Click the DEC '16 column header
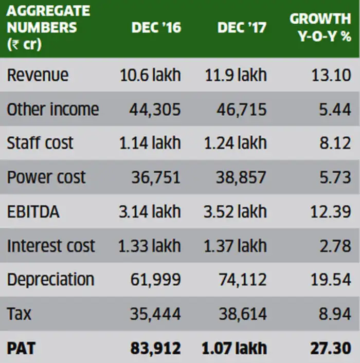[x=156, y=28]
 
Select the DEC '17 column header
[x=242, y=28]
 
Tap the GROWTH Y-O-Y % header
[x=320, y=27]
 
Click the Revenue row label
[x=38, y=75]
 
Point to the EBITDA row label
[x=33, y=211]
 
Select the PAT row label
[x=21, y=348]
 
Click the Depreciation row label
[x=50, y=280]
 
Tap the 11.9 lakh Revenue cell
[x=235, y=75]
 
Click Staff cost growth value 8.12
[x=334, y=143]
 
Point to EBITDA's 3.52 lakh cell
[x=235, y=211]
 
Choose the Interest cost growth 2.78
[x=334, y=246]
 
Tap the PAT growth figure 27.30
[x=330, y=348]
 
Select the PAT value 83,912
[x=156, y=348]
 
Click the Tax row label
[x=19, y=314]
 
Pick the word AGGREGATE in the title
[x=49, y=11]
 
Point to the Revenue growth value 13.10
[x=331, y=75]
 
